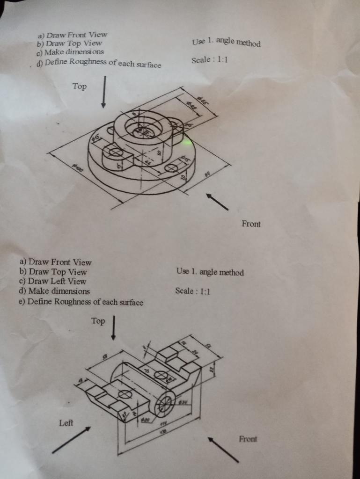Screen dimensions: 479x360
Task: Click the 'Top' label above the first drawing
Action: tap(80, 86)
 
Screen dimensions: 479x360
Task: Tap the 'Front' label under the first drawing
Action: tap(251, 224)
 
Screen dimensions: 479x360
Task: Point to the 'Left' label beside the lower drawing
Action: tap(66, 423)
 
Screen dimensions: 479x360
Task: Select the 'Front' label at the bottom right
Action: tap(248, 439)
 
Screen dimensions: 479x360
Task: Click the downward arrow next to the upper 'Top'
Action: tap(103, 92)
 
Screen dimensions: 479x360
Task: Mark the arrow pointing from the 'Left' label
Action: tap(71, 440)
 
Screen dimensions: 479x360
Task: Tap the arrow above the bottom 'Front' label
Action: tap(223, 450)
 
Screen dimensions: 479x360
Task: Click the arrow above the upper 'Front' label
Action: tap(217, 202)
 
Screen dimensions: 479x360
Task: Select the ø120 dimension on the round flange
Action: tap(77, 167)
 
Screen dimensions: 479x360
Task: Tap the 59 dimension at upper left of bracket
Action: tap(104, 356)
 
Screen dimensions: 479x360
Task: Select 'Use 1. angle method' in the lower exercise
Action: tap(210, 272)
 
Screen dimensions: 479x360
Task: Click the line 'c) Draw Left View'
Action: tap(52, 281)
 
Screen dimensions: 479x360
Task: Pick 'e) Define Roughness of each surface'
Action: tap(81, 302)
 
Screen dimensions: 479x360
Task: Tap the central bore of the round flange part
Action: tap(143, 132)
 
